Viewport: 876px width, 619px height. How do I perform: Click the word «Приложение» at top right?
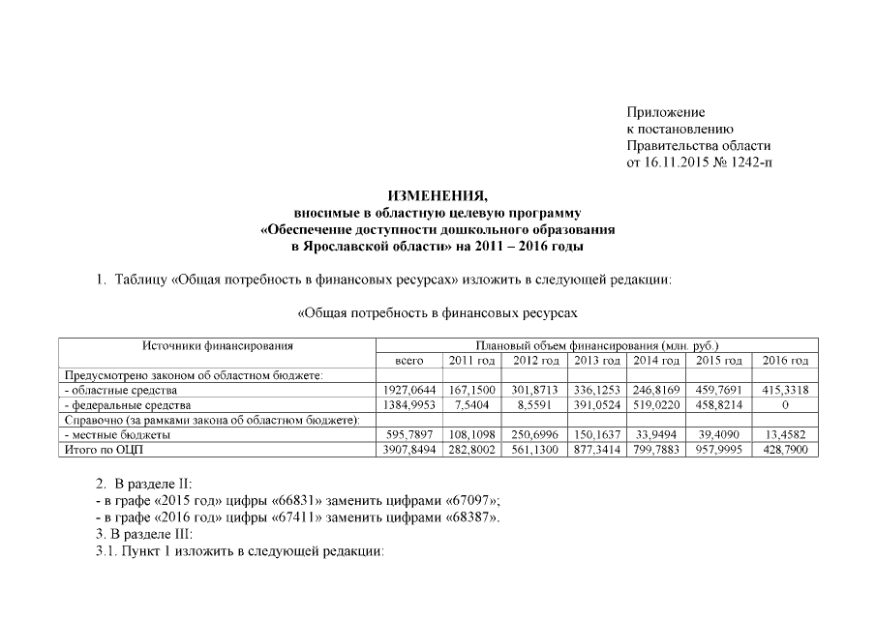665,113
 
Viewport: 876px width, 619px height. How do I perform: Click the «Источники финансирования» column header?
218,345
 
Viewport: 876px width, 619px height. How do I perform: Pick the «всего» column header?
410,361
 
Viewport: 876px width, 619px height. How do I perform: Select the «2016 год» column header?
784,361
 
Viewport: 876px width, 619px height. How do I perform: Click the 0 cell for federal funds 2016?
784,405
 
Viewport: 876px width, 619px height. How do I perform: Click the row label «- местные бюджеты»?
118,435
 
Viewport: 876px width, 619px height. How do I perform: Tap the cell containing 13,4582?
784,435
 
